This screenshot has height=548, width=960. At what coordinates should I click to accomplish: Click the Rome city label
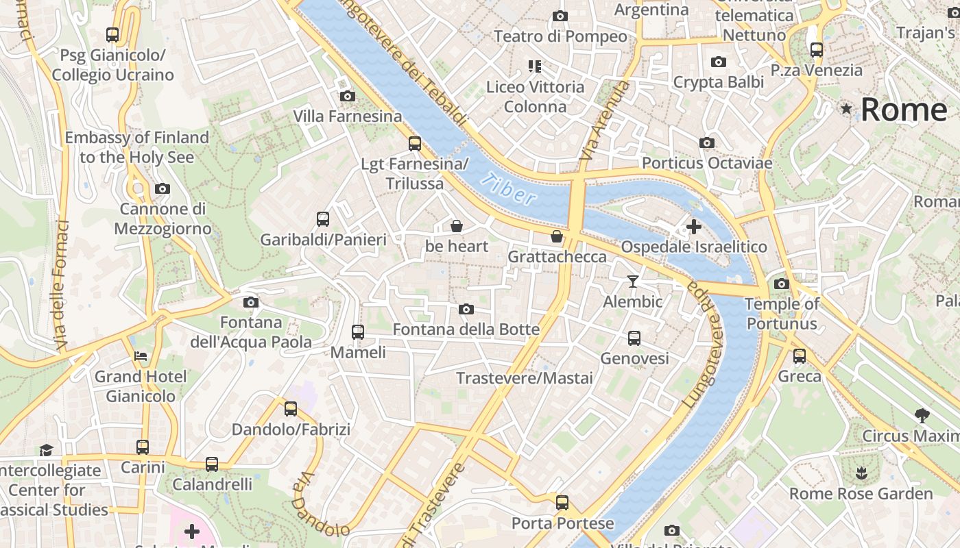click(904, 110)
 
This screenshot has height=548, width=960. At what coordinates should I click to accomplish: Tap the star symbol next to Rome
click(847, 109)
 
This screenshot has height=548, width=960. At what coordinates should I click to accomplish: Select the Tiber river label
click(508, 189)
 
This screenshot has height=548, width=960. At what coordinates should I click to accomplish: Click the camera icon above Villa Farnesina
click(348, 96)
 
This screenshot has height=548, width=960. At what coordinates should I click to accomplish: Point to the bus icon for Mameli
click(357, 332)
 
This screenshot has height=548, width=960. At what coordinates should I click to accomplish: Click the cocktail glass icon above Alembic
click(632, 281)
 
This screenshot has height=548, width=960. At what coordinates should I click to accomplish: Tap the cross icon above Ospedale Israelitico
click(693, 226)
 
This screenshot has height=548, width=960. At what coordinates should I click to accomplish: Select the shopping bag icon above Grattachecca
click(557, 236)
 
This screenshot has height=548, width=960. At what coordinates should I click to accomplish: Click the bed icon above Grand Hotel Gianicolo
click(141, 356)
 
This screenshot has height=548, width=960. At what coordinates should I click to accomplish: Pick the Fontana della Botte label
click(466, 329)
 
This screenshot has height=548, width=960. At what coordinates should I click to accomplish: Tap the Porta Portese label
click(562, 523)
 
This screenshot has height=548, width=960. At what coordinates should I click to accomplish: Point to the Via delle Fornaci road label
click(62, 284)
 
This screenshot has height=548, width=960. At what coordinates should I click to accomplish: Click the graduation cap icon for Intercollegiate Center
click(46, 450)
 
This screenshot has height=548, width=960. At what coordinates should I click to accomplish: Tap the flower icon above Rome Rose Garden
click(861, 473)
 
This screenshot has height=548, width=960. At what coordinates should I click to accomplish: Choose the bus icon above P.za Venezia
click(816, 49)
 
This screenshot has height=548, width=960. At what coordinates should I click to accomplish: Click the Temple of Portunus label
click(782, 314)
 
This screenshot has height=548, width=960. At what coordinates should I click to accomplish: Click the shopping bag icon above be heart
click(457, 225)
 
